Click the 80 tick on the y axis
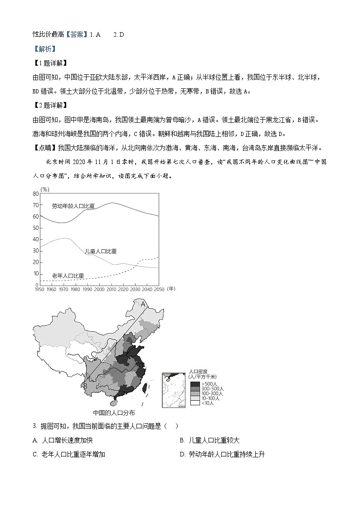tap(35, 194)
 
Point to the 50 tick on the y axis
tap(35, 228)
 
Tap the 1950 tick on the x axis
tap(39, 289)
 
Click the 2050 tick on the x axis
tap(159, 289)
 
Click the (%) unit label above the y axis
tap(45, 189)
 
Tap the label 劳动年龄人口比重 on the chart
tap(73, 206)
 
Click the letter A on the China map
tap(143, 304)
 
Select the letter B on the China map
tap(85, 386)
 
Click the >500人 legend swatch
tap(195, 384)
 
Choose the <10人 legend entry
tap(195, 402)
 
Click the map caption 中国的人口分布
tap(114, 413)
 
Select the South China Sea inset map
tap(174, 389)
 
